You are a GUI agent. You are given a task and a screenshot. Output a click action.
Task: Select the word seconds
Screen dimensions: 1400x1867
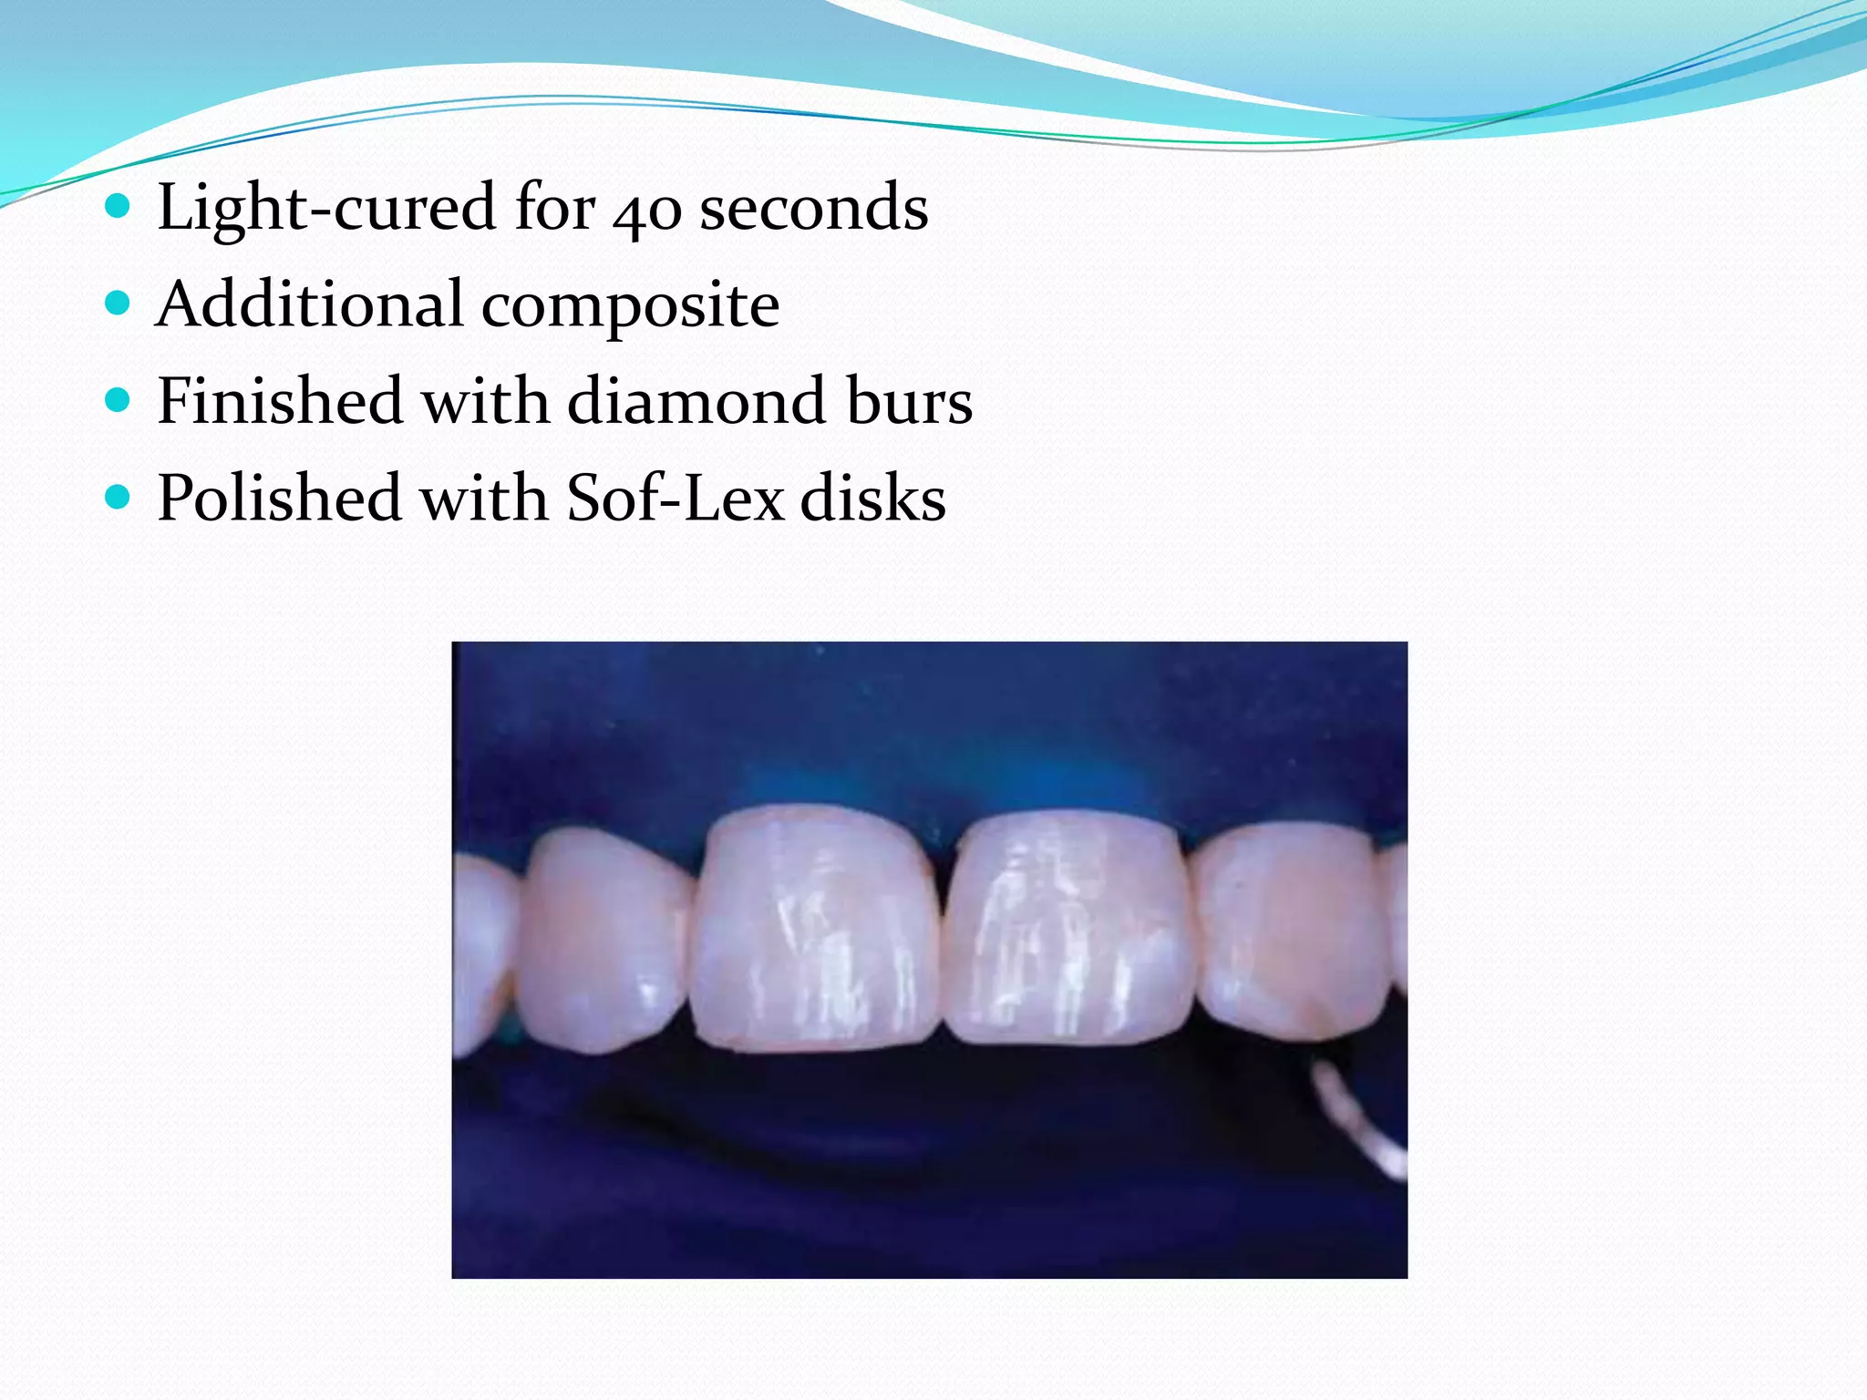(813, 208)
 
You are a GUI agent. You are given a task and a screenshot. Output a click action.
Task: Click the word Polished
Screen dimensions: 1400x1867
(279, 498)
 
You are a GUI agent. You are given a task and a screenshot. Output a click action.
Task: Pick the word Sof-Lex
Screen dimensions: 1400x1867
(675, 498)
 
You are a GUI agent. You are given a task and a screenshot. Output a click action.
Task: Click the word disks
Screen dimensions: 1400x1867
(873, 498)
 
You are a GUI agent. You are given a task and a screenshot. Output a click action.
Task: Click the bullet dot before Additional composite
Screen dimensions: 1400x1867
(118, 303)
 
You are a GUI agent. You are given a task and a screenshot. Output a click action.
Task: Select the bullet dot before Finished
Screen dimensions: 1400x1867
(118, 400)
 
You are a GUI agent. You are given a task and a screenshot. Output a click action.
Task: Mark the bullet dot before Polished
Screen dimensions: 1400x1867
(118, 497)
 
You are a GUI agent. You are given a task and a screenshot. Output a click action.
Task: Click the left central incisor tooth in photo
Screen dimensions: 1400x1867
(816, 930)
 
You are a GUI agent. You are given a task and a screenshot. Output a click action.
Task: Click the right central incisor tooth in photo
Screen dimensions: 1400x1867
(1067, 930)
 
